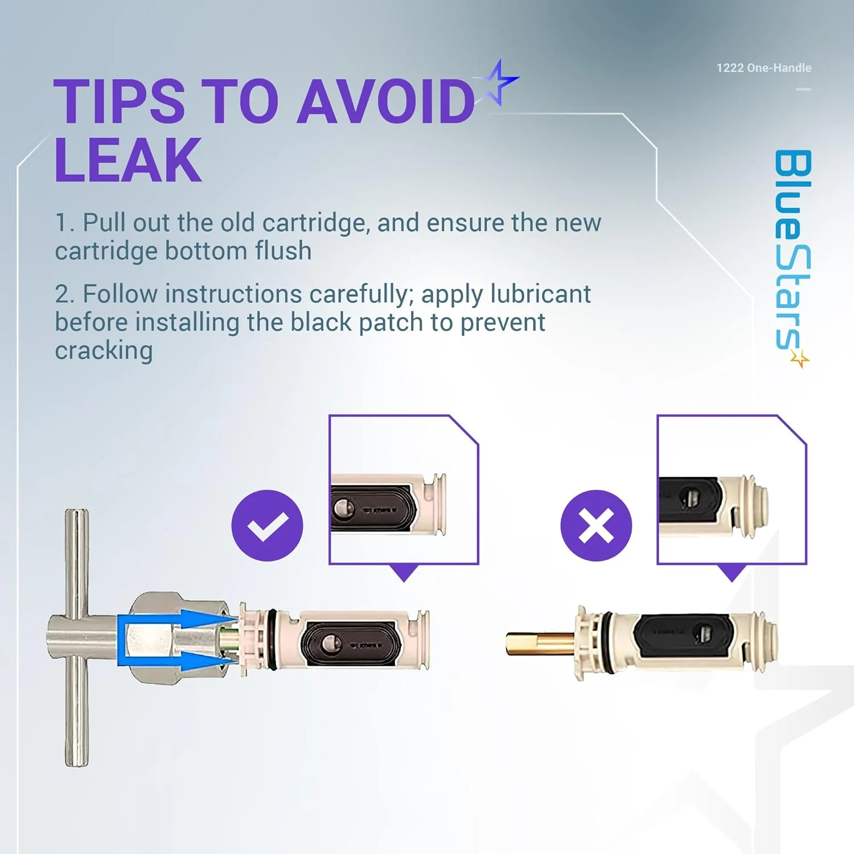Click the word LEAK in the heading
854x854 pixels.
click(128, 161)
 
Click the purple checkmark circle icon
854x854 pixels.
click(267, 525)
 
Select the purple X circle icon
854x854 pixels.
click(596, 525)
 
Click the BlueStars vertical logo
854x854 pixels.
click(793, 251)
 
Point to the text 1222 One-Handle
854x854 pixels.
click(763, 68)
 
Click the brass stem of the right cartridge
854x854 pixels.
click(538, 643)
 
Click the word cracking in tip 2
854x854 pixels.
click(104, 351)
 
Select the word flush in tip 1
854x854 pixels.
click(283, 251)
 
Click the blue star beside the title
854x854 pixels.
click(498, 83)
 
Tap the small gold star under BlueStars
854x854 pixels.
click(800, 359)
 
